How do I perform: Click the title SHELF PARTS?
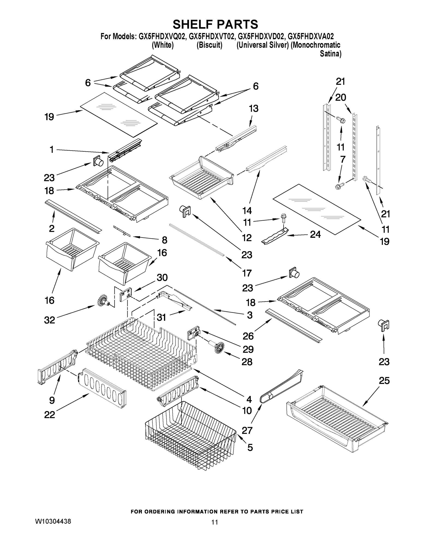215,25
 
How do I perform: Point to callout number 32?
49,320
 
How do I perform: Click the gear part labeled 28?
218,347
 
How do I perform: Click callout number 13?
254,108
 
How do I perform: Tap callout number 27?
247,430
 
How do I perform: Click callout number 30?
162,277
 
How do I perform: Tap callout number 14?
247,210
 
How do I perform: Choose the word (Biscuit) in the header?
210,45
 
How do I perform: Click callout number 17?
247,273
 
